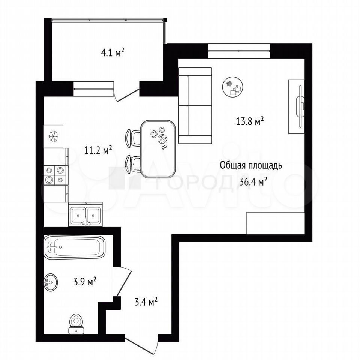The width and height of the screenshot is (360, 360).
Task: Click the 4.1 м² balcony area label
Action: click(112, 53)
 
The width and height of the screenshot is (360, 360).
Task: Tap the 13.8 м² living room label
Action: click(250, 121)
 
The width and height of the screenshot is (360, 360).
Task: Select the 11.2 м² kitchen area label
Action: click(98, 151)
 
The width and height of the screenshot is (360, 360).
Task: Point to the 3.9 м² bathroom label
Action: click(85, 281)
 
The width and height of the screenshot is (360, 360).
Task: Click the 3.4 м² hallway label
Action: click(146, 301)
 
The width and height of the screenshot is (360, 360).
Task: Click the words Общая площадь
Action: click(251, 165)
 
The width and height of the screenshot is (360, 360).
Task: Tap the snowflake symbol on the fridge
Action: click(54, 136)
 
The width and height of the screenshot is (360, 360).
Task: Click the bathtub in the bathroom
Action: click(75, 247)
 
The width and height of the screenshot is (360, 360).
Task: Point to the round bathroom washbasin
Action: click(51, 282)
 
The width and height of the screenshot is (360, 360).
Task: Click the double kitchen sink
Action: click(85, 214)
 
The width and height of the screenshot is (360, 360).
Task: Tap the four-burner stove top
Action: click(55, 175)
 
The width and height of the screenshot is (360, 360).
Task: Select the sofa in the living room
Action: click(195, 105)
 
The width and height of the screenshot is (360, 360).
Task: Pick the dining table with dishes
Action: click(158, 149)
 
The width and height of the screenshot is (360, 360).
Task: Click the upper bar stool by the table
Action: click(133, 138)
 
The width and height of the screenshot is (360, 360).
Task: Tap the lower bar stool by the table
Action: click(133, 164)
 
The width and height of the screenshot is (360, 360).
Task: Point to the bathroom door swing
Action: click(122, 282)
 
